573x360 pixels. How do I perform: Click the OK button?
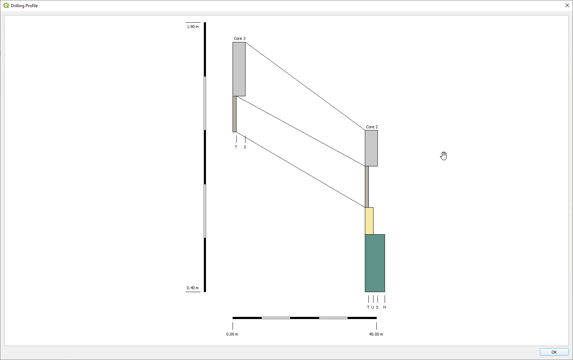(x=554, y=352)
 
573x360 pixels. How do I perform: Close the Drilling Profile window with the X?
(x=567, y=5)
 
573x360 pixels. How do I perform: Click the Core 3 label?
(x=239, y=38)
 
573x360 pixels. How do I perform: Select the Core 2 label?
(x=372, y=127)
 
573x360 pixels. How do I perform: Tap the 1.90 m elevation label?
(x=193, y=27)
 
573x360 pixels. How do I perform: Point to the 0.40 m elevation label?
(x=193, y=288)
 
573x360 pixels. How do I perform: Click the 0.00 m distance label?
(x=232, y=334)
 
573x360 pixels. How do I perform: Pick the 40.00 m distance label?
(x=376, y=334)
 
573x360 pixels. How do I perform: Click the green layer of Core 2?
(x=375, y=263)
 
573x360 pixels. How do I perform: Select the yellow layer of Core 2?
(x=369, y=221)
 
